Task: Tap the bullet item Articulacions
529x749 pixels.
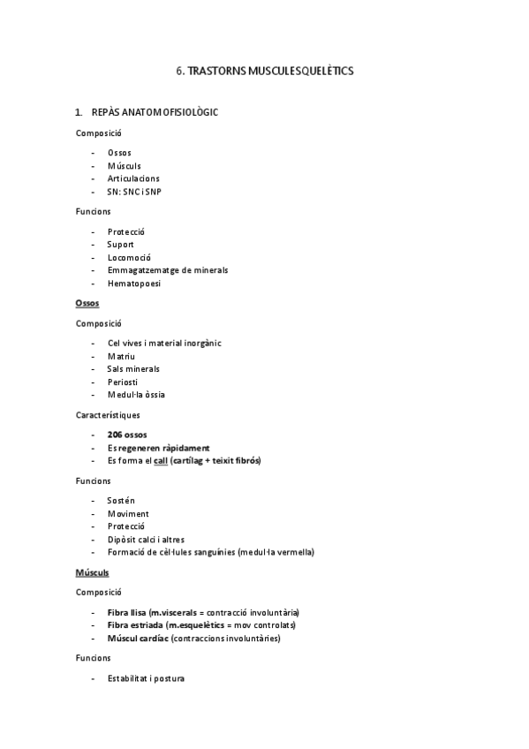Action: [133, 178]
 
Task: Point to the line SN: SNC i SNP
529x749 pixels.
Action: [134, 192]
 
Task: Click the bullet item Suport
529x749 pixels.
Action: [121, 245]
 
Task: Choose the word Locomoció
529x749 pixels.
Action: [128, 258]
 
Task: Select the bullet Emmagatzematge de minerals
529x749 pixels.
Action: [167, 270]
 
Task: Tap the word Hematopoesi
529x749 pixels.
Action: [133, 284]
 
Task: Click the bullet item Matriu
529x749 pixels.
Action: [121, 356]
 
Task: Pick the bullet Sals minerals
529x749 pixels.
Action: [133, 369]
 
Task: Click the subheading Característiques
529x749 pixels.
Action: [107, 414]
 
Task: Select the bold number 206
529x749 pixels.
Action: [116, 435]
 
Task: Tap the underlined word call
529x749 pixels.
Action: [160, 461]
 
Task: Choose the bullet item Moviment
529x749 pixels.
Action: [127, 514]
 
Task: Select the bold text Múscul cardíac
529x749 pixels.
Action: [137, 638]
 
